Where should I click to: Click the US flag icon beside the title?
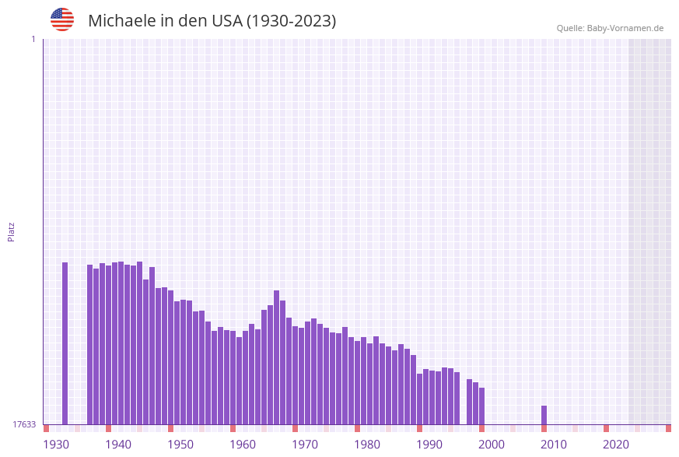62,19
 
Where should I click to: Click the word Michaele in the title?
122,21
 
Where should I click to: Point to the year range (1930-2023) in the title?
292,21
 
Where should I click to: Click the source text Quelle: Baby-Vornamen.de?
610,28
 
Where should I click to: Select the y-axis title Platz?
12,231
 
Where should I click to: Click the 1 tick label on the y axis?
33,39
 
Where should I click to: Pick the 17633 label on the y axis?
24,424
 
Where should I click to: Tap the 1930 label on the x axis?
56,445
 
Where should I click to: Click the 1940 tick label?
118,445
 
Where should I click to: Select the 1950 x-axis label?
180,445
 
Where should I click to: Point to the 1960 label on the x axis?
243,445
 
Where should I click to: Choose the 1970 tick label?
305,445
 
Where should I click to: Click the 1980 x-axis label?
367,445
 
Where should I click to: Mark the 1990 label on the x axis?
429,445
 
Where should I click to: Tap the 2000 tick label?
492,445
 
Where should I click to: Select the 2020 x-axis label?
616,445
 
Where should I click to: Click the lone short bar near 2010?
544,415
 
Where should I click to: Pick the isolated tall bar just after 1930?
65,343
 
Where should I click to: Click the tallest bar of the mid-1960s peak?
276,357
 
